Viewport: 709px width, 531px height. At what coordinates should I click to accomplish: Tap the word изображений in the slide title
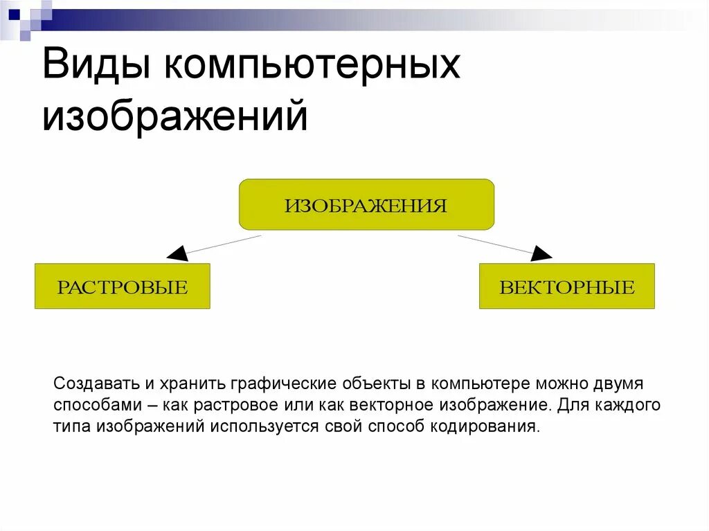pyautogui.click(x=174, y=115)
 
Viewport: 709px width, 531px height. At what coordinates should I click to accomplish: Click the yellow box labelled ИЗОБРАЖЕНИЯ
pyautogui.click(x=366, y=205)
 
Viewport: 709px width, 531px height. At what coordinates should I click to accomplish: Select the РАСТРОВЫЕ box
pyautogui.click(x=122, y=286)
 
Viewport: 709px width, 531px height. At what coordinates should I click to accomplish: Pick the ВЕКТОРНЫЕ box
pyautogui.click(x=566, y=286)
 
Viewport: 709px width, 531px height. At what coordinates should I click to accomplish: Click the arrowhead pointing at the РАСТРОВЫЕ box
pyautogui.click(x=177, y=253)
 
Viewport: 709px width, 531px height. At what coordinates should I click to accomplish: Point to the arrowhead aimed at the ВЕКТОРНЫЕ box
pyautogui.click(x=541, y=253)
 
